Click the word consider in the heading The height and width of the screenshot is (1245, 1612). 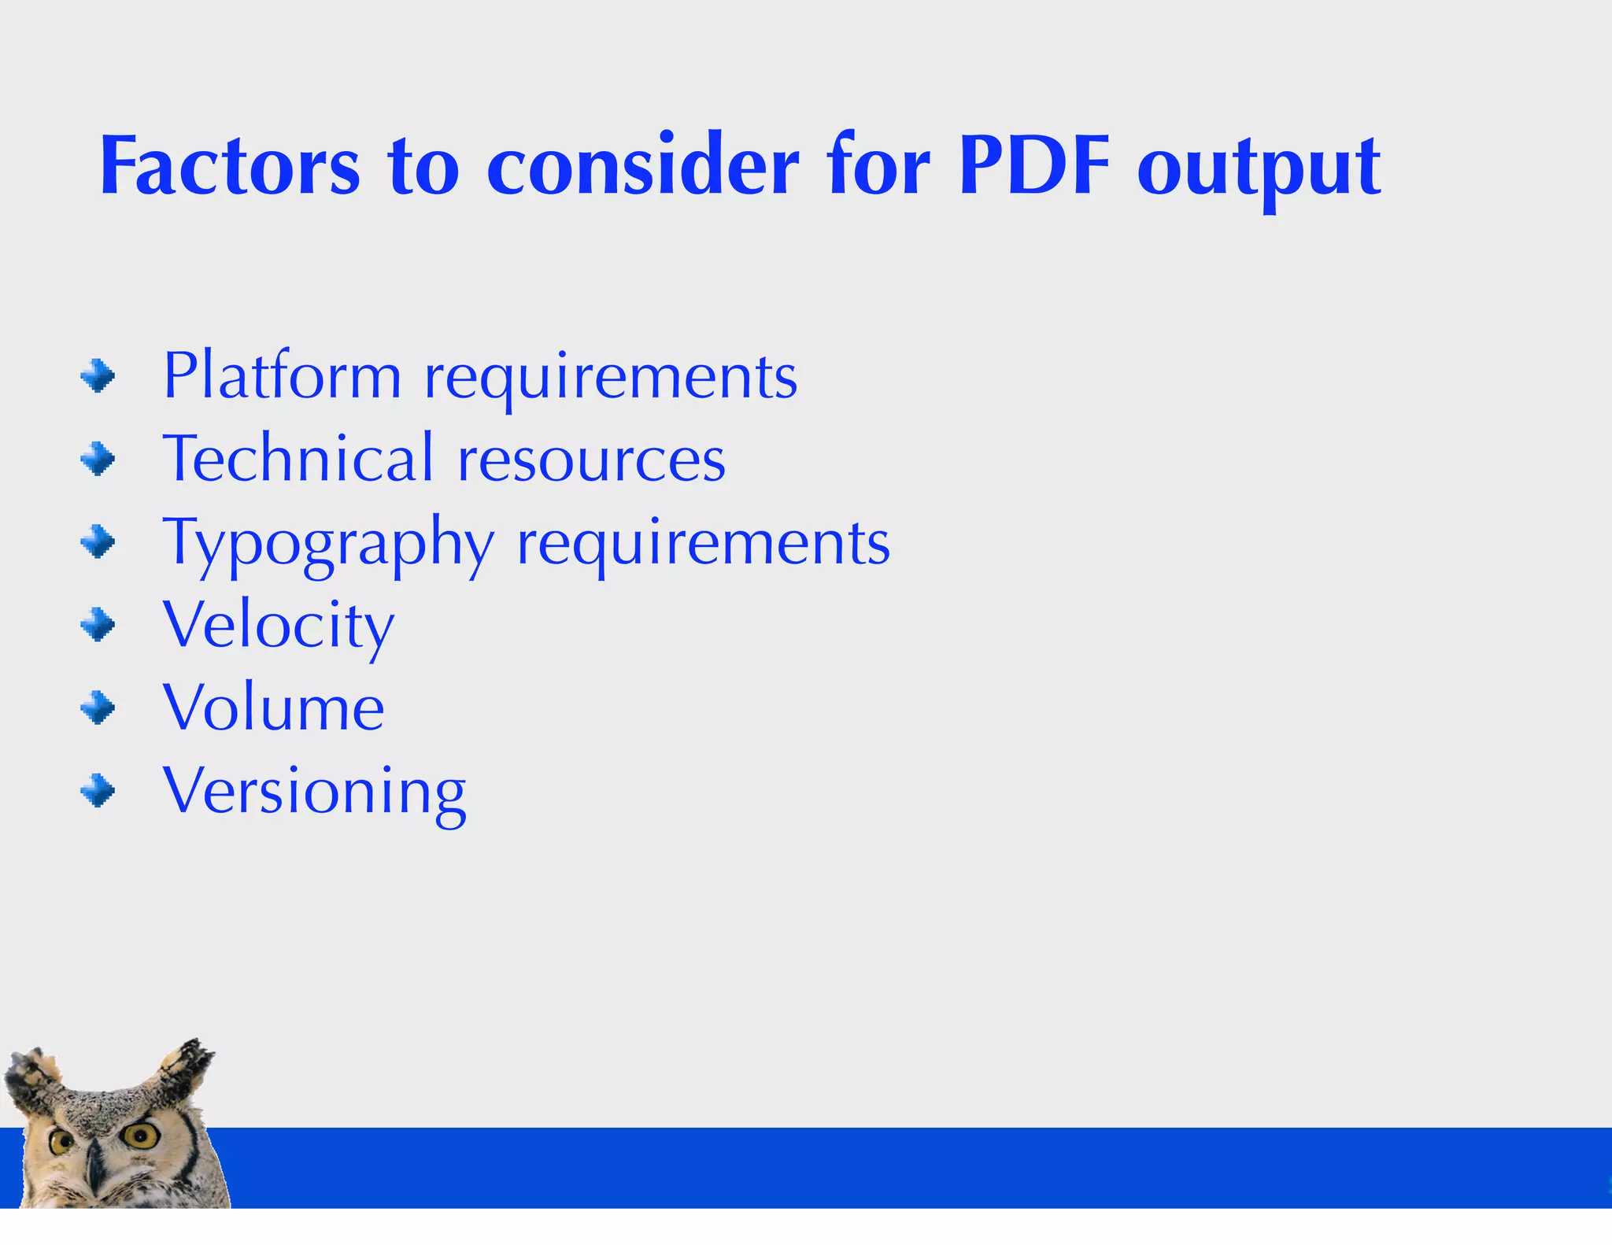coord(642,167)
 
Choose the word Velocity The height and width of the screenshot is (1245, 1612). coord(279,626)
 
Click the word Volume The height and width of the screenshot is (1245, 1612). coord(273,707)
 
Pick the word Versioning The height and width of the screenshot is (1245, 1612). coord(314,792)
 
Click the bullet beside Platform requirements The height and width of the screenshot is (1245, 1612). coord(98,376)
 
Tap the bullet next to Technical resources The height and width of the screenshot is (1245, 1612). coord(98,459)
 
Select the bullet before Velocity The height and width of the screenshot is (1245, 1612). coord(98,626)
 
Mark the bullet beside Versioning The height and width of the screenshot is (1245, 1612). coord(98,791)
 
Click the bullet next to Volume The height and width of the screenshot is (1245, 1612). coord(98,707)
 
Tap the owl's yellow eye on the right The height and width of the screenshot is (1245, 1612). coord(141,1136)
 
